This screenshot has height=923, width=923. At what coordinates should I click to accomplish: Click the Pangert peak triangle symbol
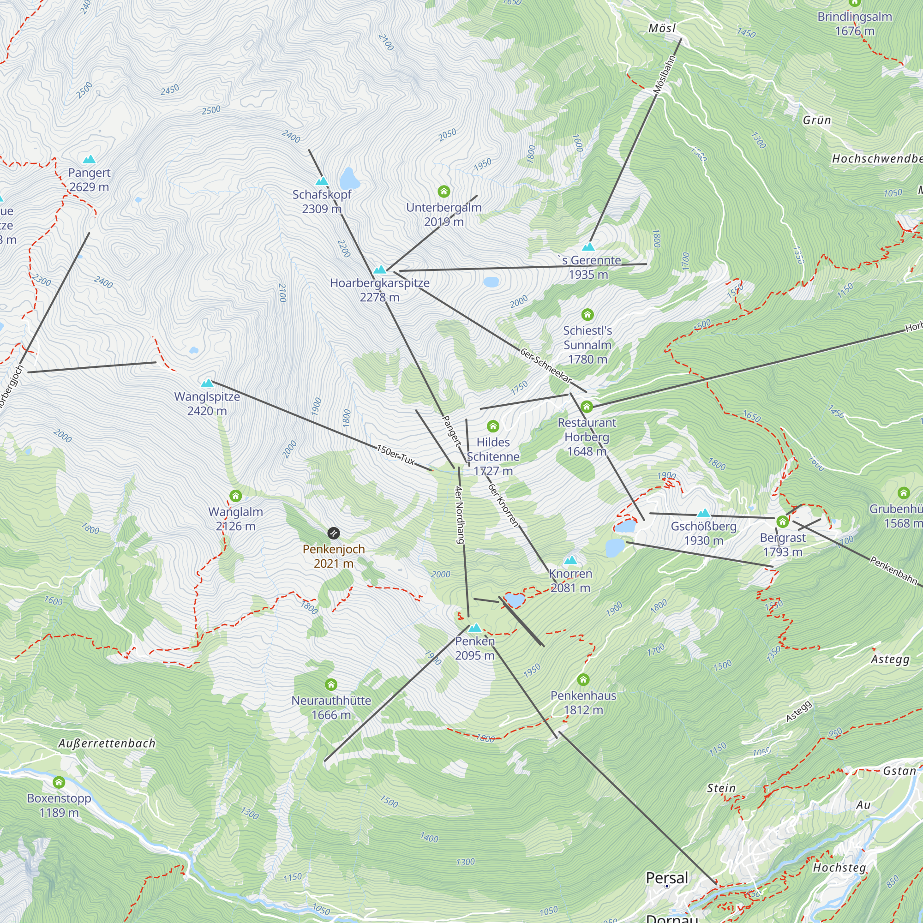pos(89,160)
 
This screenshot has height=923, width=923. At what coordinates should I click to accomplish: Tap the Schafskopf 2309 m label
pos(322,202)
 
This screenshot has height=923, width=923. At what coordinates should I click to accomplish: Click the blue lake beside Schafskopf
pos(349,179)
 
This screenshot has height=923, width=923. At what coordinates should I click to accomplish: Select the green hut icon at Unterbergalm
pos(444,192)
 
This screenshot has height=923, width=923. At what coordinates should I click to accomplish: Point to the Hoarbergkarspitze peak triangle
pos(380,270)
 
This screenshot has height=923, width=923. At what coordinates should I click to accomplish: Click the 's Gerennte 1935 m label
pos(588,268)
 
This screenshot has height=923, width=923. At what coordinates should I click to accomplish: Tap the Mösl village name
pos(662,28)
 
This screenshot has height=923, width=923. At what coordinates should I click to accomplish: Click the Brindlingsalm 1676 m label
pos(855,24)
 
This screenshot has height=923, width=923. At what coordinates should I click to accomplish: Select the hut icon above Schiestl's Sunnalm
pos(587,314)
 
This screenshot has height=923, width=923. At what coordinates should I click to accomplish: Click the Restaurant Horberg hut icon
pos(587,407)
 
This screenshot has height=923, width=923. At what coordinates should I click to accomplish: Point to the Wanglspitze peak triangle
pos(207,383)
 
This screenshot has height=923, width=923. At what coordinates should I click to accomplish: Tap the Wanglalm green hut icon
pos(235,496)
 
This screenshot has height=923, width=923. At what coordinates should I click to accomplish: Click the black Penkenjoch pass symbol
pos(334,533)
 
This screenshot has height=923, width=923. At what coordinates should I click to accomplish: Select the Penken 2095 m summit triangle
pos(474,628)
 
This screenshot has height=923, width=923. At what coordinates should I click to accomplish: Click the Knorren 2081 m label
pos(570,581)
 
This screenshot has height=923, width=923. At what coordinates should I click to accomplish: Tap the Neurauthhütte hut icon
pos(331,685)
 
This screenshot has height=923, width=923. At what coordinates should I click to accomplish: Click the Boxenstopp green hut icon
pos(59,782)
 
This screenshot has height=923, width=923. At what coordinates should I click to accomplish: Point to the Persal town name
pos(667,878)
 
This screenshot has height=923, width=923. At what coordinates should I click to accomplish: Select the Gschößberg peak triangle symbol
pos(703,513)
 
